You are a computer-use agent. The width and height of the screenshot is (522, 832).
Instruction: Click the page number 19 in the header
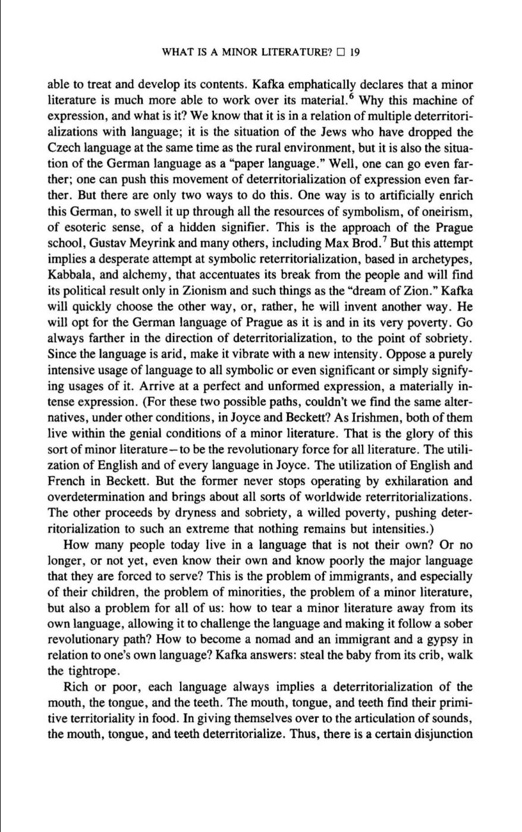[x=356, y=52]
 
